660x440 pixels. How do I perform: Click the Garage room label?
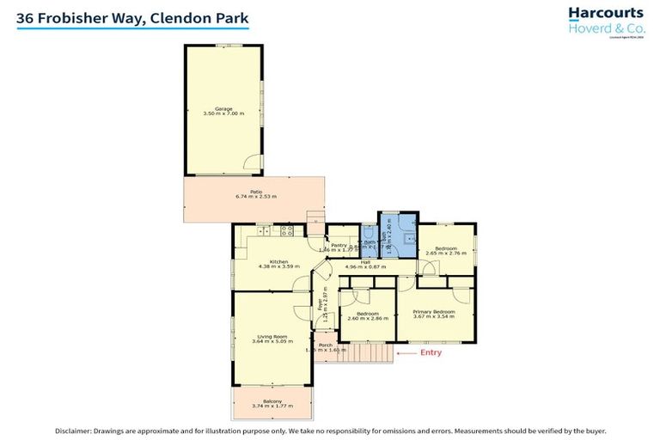click(x=223, y=108)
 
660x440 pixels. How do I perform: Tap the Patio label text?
click(x=255, y=192)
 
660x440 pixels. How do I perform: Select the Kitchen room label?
click(x=278, y=261)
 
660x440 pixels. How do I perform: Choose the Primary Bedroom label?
click(x=433, y=311)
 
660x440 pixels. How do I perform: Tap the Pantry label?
click(x=338, y=245)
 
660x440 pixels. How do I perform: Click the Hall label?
click(x=365, y=261)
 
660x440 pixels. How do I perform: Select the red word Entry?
click(x=431, y=352)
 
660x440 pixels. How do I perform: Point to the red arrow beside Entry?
click(x=404, y=352)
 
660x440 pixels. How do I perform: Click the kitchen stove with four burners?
click(x=287, y=230)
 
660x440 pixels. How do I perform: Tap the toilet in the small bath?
click(x=368, y=231)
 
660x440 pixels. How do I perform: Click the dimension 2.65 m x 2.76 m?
click(x=445, y=254)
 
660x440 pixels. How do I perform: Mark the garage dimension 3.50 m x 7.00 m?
click(x=223, y=113)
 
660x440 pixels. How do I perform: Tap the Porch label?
click(x=326, y=345)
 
